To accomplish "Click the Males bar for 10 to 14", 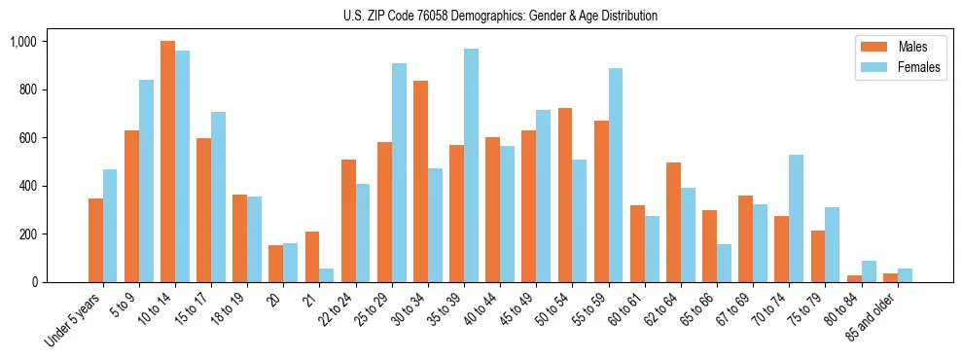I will pos(167,162).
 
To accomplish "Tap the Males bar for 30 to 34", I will pos(420,181).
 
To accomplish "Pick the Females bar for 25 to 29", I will pos(399,172).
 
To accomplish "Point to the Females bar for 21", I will pos(327,275).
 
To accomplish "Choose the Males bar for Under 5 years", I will pos(95,240).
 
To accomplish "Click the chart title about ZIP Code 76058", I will pos(500,16).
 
